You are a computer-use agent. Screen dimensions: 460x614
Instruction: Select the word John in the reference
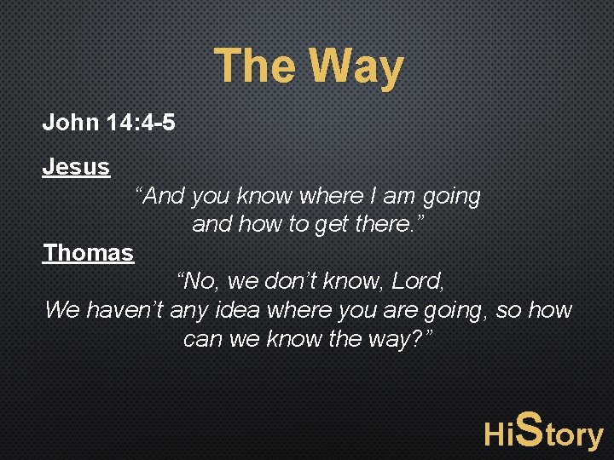click(72, 123)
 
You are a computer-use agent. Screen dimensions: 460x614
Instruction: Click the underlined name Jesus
click(76, 167)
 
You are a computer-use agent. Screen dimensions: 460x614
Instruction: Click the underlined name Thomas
click(89, 253)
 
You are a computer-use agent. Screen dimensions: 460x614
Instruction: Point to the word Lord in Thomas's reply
click(419, 280)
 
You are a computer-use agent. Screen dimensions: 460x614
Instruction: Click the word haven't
click(125, 309)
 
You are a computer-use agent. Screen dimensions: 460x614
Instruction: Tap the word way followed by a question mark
click(392, 339)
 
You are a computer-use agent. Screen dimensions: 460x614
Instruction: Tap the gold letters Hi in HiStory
click(499, 435)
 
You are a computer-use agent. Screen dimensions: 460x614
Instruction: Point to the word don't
click(288, 280)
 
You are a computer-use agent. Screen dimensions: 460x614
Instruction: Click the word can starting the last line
click(200, 339)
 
